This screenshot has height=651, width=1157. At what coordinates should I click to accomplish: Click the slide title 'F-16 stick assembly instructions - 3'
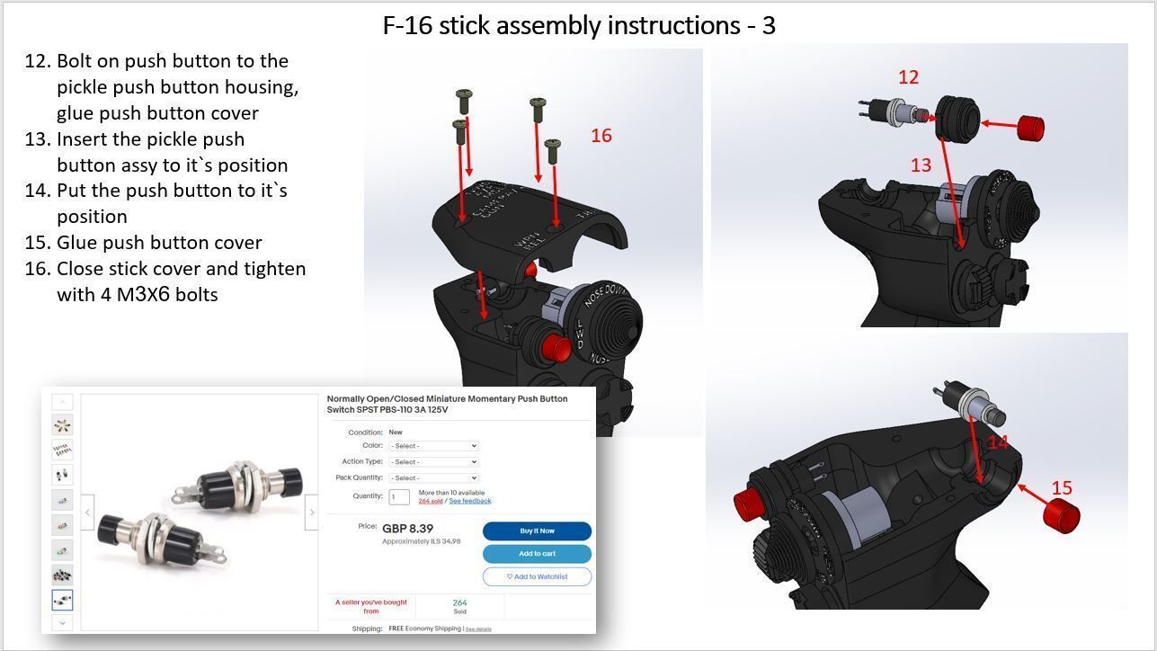(x=579, y=25)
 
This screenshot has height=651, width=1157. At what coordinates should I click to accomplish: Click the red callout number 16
(x=601, y=136)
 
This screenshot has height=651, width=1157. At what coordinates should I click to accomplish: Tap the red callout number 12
(x=908, y=77)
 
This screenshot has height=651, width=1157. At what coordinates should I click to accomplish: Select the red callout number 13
(x=921, y=165)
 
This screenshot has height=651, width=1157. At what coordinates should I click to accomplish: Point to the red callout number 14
(x=998, y=442)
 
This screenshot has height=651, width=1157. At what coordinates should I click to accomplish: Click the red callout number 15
(x=1062, y=488)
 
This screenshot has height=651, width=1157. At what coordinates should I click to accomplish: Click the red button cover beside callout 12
(x=1030, y=128)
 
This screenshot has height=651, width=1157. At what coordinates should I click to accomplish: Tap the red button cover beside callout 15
(x=1061, y=516)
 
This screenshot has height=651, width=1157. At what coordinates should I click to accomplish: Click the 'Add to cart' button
(x=537, y=554)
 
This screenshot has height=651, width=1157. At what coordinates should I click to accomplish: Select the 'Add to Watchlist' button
(x=537, y=576)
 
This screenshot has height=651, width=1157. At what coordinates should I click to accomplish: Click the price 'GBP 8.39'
(x=407, y=529)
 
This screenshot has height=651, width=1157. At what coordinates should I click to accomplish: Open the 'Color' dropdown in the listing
(x=433, y=446)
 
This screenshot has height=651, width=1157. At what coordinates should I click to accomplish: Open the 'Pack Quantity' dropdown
(x=433, y=478)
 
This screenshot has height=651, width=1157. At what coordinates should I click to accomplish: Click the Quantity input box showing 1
(x=399, y=496)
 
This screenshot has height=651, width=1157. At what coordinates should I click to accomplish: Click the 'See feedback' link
(x=470, y=501)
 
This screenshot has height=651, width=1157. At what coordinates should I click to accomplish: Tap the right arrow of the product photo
(x=311, y=513)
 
